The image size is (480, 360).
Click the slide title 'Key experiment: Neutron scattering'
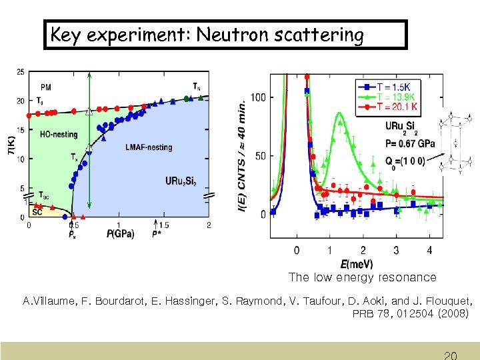(x=207, y=35)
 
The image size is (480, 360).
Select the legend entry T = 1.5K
(x=394, y=87)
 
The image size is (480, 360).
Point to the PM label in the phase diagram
(x=45, y=87)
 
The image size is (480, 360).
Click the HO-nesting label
(x=59, y=134)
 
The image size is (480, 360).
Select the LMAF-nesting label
(x=148, y=147)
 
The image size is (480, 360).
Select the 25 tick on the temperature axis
(x=21, y=72)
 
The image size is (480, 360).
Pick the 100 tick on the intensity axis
(x=257, y=98)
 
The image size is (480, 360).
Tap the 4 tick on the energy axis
(x=429, y=250)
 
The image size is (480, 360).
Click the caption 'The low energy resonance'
(x=362, y=277)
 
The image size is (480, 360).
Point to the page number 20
(x=450, y=354)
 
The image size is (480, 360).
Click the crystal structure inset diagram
(x=456, y=143)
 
